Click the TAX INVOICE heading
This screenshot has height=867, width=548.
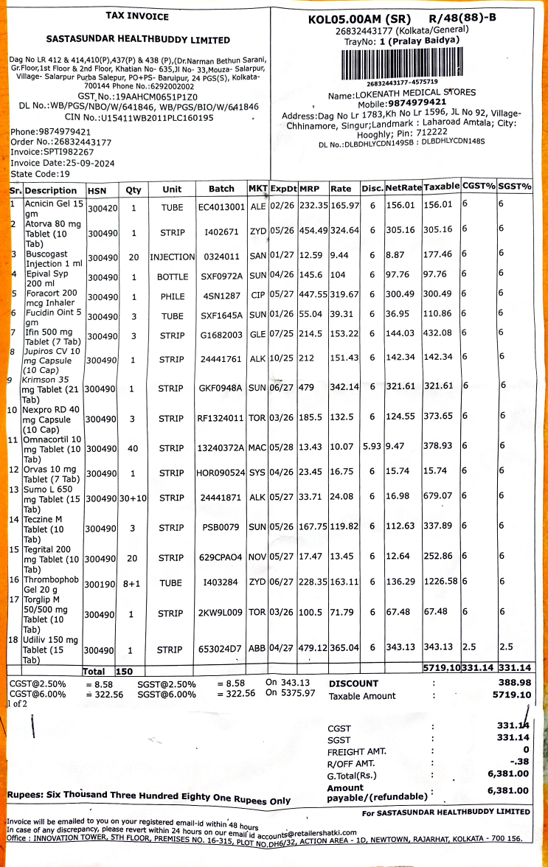tap(137, 16)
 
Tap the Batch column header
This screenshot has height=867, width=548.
tap(221, 189)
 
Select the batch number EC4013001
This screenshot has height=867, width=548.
tap(221, 207)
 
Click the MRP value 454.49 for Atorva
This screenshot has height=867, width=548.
tap(313, 230)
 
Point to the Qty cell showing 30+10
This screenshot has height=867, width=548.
tap(133, 498)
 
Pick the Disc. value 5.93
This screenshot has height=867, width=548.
tap(372, 446)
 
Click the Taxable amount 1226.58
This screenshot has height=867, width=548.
tap(441, 581)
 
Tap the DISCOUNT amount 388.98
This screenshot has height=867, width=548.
tap(514, 683)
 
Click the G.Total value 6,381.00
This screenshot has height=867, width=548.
tap(508, 773)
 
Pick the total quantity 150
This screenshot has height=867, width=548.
tap(125, 671)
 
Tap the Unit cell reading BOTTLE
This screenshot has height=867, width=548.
tap(173, 276)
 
